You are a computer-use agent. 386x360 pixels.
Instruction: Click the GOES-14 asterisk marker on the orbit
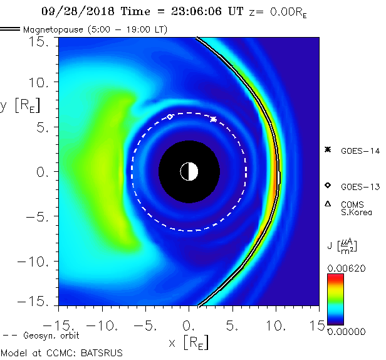tap(213, 119)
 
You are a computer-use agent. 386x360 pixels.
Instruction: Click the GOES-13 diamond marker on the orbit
tap(170, 116)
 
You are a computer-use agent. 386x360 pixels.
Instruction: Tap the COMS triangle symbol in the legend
tap(328, 204)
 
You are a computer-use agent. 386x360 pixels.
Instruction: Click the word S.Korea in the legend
tap(356, 213)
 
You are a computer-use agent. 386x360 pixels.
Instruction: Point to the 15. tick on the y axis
tap(42, 41)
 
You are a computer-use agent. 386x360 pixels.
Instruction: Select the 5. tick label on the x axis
tap(232, 326)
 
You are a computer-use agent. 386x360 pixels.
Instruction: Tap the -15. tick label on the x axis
tap(55, 326)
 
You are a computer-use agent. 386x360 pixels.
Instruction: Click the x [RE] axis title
tap(189, 342)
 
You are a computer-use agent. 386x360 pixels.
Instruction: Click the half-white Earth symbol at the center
tap(189, 171)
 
